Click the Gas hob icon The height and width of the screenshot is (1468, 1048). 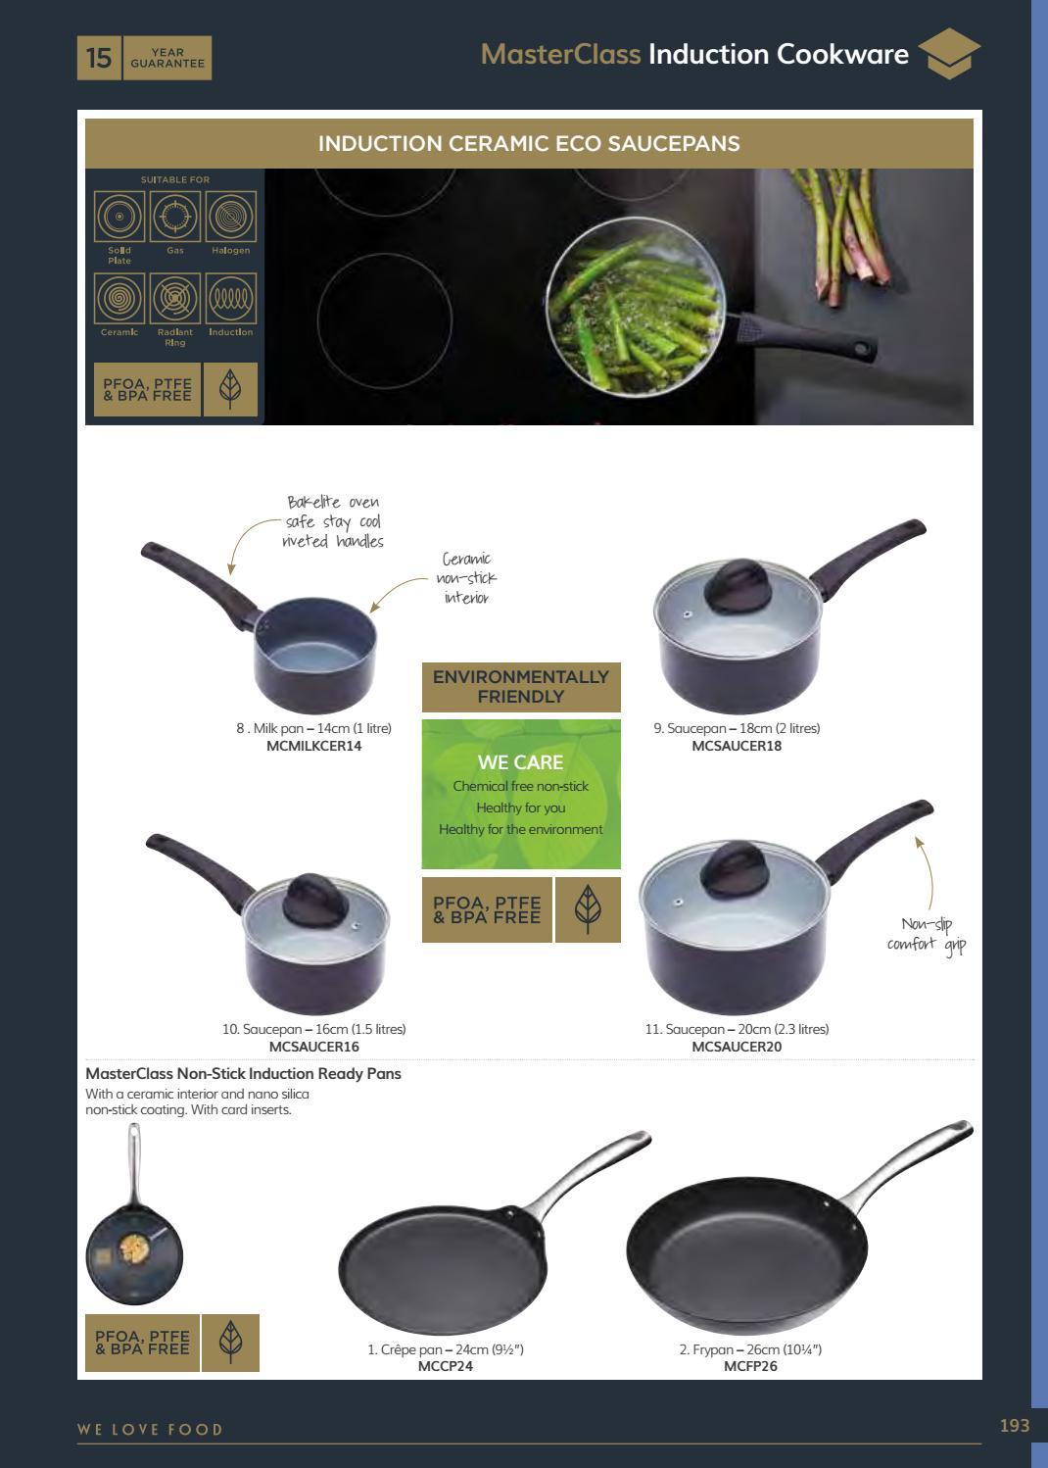coord(175,217)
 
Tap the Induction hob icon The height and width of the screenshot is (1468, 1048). coord(230,298)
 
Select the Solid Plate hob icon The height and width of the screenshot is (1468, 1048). coord(119,217)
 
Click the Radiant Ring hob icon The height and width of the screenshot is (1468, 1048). coord(175,298)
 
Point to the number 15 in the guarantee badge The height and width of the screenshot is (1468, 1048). coord(99,58)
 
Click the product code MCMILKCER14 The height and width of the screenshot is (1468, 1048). coord(313,746)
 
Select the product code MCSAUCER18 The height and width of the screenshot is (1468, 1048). coord(737,746)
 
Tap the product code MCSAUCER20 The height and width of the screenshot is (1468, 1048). coord(737,1047)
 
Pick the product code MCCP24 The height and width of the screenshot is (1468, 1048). coord(446,1366)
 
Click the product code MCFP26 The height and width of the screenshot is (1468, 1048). coord(750,1366)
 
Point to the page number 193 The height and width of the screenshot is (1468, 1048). coord(1015,1426)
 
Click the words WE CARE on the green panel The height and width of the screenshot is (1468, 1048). coord(521,762)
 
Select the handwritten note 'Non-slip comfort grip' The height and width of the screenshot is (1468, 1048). coord(927,935)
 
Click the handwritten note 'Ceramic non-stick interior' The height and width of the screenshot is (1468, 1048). coord(466,578)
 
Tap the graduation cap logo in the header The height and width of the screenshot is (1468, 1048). coord(949,54)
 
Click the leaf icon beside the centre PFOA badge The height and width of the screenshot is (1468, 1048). coord(588,909)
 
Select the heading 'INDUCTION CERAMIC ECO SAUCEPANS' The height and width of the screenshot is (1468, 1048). coord(529,143)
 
